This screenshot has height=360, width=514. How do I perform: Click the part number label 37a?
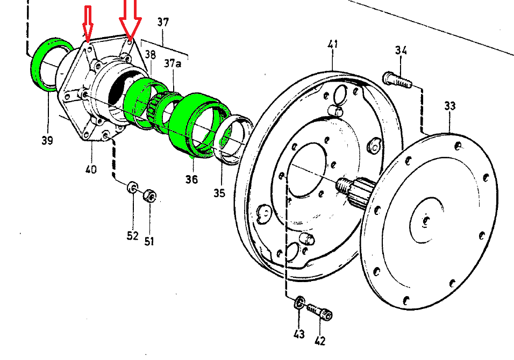click(172, 63)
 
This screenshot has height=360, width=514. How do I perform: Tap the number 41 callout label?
click(332, 44)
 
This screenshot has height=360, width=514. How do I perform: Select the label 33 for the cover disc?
click(449, 106)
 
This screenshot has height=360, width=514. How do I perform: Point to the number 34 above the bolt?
click(401, 50)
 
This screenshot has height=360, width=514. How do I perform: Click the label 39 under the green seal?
click(47, 140)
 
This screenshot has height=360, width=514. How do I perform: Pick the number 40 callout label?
click(91, 169)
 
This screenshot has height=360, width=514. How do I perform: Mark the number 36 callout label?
click(192, 179)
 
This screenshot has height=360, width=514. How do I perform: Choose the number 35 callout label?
click(219, 193)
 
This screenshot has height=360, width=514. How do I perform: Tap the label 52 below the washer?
click(132, 235)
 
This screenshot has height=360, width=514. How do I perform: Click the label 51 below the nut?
click(149, 241)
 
